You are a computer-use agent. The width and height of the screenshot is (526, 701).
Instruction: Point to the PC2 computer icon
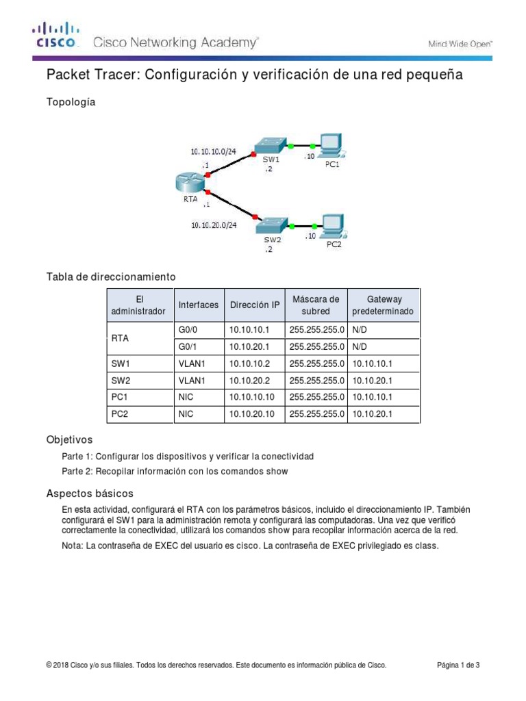coord(333,225)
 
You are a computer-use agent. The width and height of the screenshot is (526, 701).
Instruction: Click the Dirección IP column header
coord(254,305)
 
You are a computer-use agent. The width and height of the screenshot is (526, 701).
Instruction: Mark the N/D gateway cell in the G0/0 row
coord(360,330)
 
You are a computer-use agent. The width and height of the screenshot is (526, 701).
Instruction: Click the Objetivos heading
coord(69,439)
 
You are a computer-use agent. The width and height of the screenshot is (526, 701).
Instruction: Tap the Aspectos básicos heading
coord(90,493)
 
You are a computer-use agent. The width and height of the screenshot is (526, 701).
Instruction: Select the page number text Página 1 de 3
coord(458,665)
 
